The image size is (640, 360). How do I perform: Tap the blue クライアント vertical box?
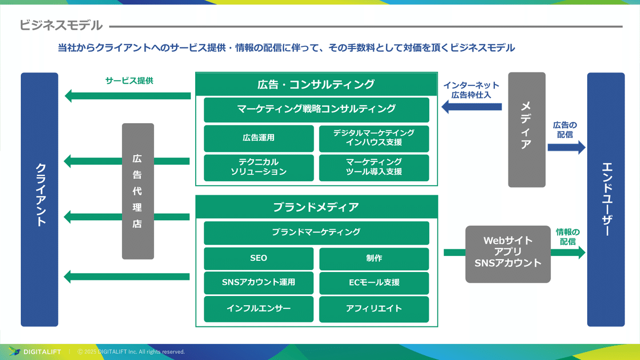(x=39, y=199)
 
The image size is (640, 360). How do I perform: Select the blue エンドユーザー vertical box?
(x=605, y=199)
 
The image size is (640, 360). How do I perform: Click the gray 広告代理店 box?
(x=138, y=191)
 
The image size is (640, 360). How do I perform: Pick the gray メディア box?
(x=526, y=130)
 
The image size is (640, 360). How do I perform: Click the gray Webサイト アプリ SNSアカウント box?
(x=508, y=254)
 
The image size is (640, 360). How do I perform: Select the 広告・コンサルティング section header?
(x=316, y=84)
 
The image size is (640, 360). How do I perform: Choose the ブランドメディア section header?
(x=316, y=207)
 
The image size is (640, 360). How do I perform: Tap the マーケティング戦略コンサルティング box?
(x=316, y=109)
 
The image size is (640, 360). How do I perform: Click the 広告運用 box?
(x=259, y=138)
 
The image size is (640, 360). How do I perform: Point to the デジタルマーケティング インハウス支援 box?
(x=374, y=138)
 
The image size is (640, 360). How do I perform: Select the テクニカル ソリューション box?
(x=259, y=167)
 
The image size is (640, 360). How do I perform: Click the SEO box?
(x=259, y=259)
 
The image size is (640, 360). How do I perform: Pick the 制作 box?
(x=374, y=259)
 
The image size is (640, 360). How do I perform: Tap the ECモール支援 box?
(x=374, y=283)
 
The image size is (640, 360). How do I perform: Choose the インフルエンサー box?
(x=259, y=309)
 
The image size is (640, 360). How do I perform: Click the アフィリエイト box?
(x=374, y=309)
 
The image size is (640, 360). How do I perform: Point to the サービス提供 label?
(x=129, y=81)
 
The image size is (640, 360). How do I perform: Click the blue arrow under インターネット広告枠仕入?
(x=471, y=108)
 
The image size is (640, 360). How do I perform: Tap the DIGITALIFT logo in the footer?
(x=35, y=351)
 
